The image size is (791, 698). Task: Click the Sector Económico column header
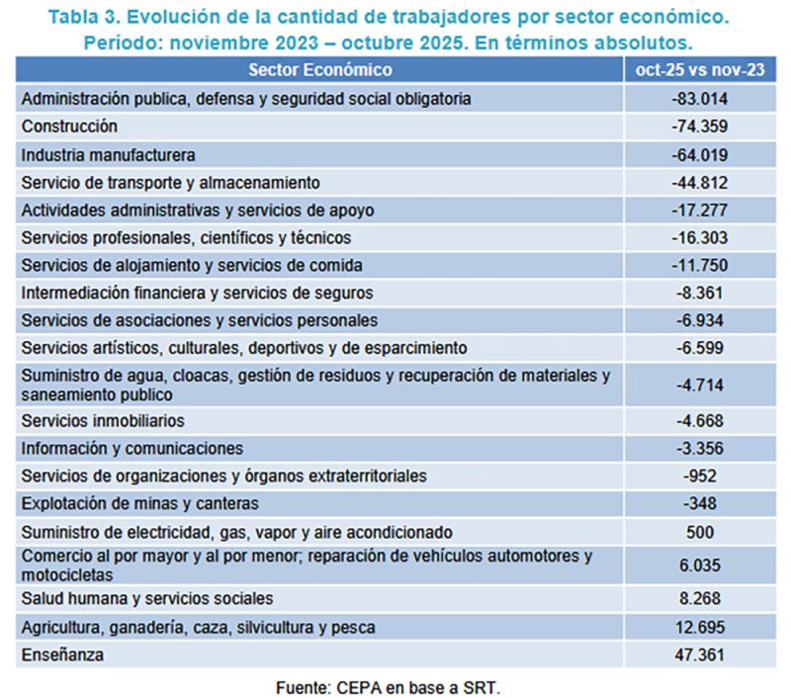click(319, 70)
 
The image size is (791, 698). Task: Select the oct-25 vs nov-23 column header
click(699, 70)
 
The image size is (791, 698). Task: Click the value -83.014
click(699, 99)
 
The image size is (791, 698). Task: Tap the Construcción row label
click(69, 127)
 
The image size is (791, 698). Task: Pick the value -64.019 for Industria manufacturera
click(699, 155)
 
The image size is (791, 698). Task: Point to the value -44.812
click(699, 183)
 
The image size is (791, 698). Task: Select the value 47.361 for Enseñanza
click(699, 654)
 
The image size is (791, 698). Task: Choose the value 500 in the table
click(699, 532)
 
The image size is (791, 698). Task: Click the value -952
click(699, 477)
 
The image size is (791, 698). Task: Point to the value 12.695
click(699, 627)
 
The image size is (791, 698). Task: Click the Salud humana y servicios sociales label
click(146, 599)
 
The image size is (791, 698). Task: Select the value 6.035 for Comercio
click(699, 566)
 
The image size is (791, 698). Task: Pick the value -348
click(699, 504)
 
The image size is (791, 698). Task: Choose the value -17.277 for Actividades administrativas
click(699, 211)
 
